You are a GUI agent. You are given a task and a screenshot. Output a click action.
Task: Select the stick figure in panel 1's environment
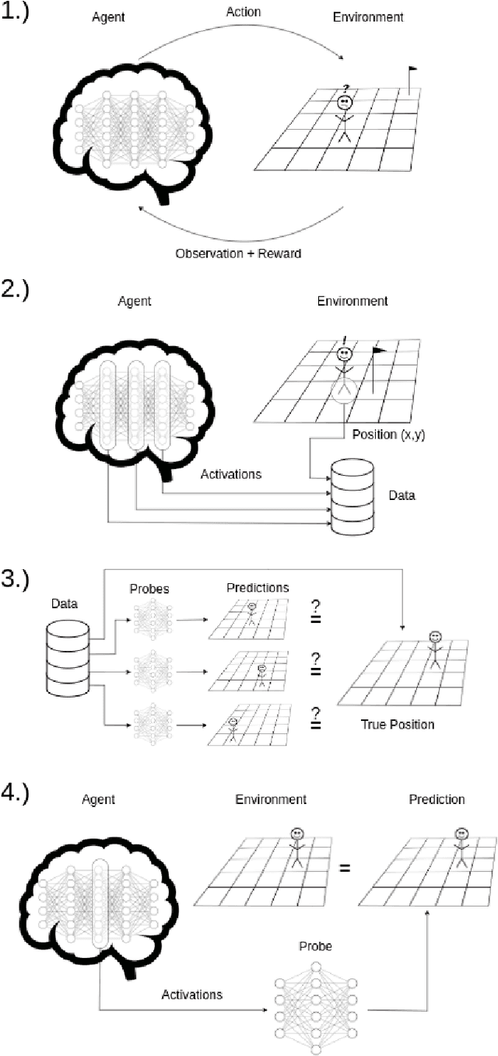click(x=345, y=117)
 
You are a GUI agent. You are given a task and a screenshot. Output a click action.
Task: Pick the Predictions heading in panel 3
click(x=258, y=588)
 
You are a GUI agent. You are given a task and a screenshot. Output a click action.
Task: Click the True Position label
click(x=397, y=725)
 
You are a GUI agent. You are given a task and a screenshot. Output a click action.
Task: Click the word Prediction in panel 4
click(x=436, y=799)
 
